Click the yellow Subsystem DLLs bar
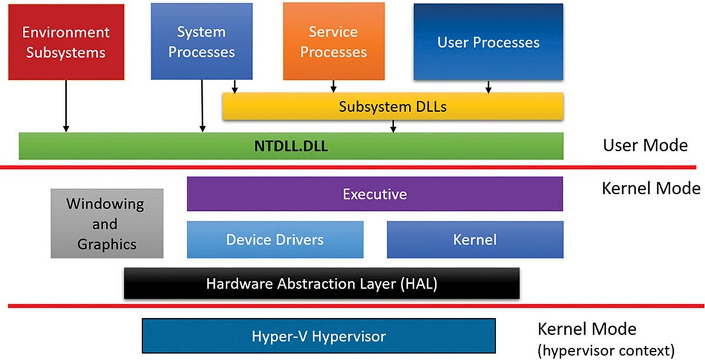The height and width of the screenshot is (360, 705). click(393, 107)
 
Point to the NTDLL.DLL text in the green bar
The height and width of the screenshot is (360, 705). click(291, 146)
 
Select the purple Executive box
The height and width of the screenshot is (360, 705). click(375, 194)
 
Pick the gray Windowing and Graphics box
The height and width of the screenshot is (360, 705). click(106, 223)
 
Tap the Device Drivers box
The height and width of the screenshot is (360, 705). click(275, 239)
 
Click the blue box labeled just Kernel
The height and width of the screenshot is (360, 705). click(475, 239)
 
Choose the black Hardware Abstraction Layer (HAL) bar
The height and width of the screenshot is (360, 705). click(322, 284)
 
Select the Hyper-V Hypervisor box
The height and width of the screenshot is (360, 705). click(318, 337)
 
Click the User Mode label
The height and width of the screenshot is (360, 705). click(645, 145)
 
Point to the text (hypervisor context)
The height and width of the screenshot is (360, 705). click(606, 351)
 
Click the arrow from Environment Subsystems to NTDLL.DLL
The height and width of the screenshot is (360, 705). click(66, 106)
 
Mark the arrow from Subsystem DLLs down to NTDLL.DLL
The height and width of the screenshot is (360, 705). click(393, 126)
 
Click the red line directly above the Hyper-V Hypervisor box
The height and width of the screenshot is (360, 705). click(352, 306)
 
